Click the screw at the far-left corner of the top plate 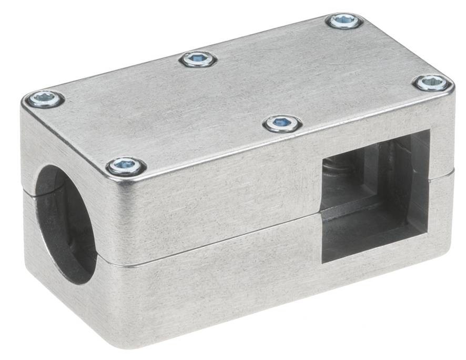44,98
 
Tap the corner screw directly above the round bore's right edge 126,167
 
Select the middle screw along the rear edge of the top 198,59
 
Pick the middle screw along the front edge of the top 283,124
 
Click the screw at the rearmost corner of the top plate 345,21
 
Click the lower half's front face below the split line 210,295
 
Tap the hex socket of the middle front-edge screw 283,124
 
